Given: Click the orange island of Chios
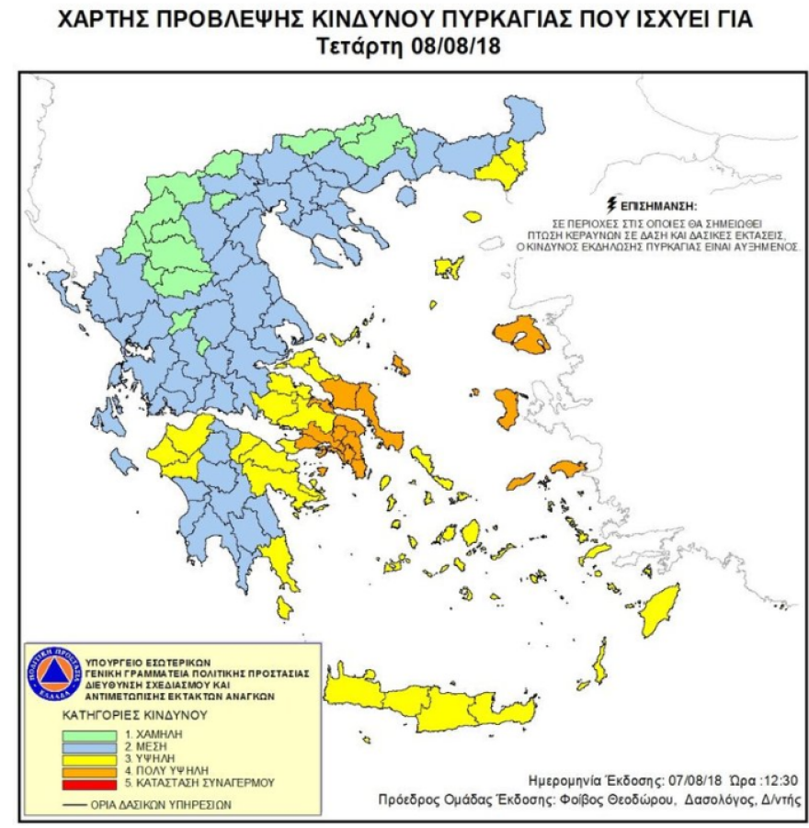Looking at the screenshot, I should click(508, 408).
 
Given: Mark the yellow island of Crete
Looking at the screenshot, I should click(432, 706).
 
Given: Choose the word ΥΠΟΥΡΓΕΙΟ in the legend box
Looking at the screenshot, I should click(111, 661).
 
